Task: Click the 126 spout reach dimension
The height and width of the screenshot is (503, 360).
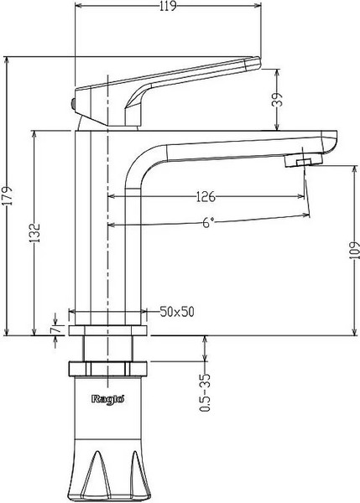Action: tap(205, 198)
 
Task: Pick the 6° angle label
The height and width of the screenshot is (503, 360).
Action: tap(209, 222)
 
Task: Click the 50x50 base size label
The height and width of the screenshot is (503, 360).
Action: tap(177, 312)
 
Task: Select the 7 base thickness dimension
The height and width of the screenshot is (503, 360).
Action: tap(55, 331)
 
